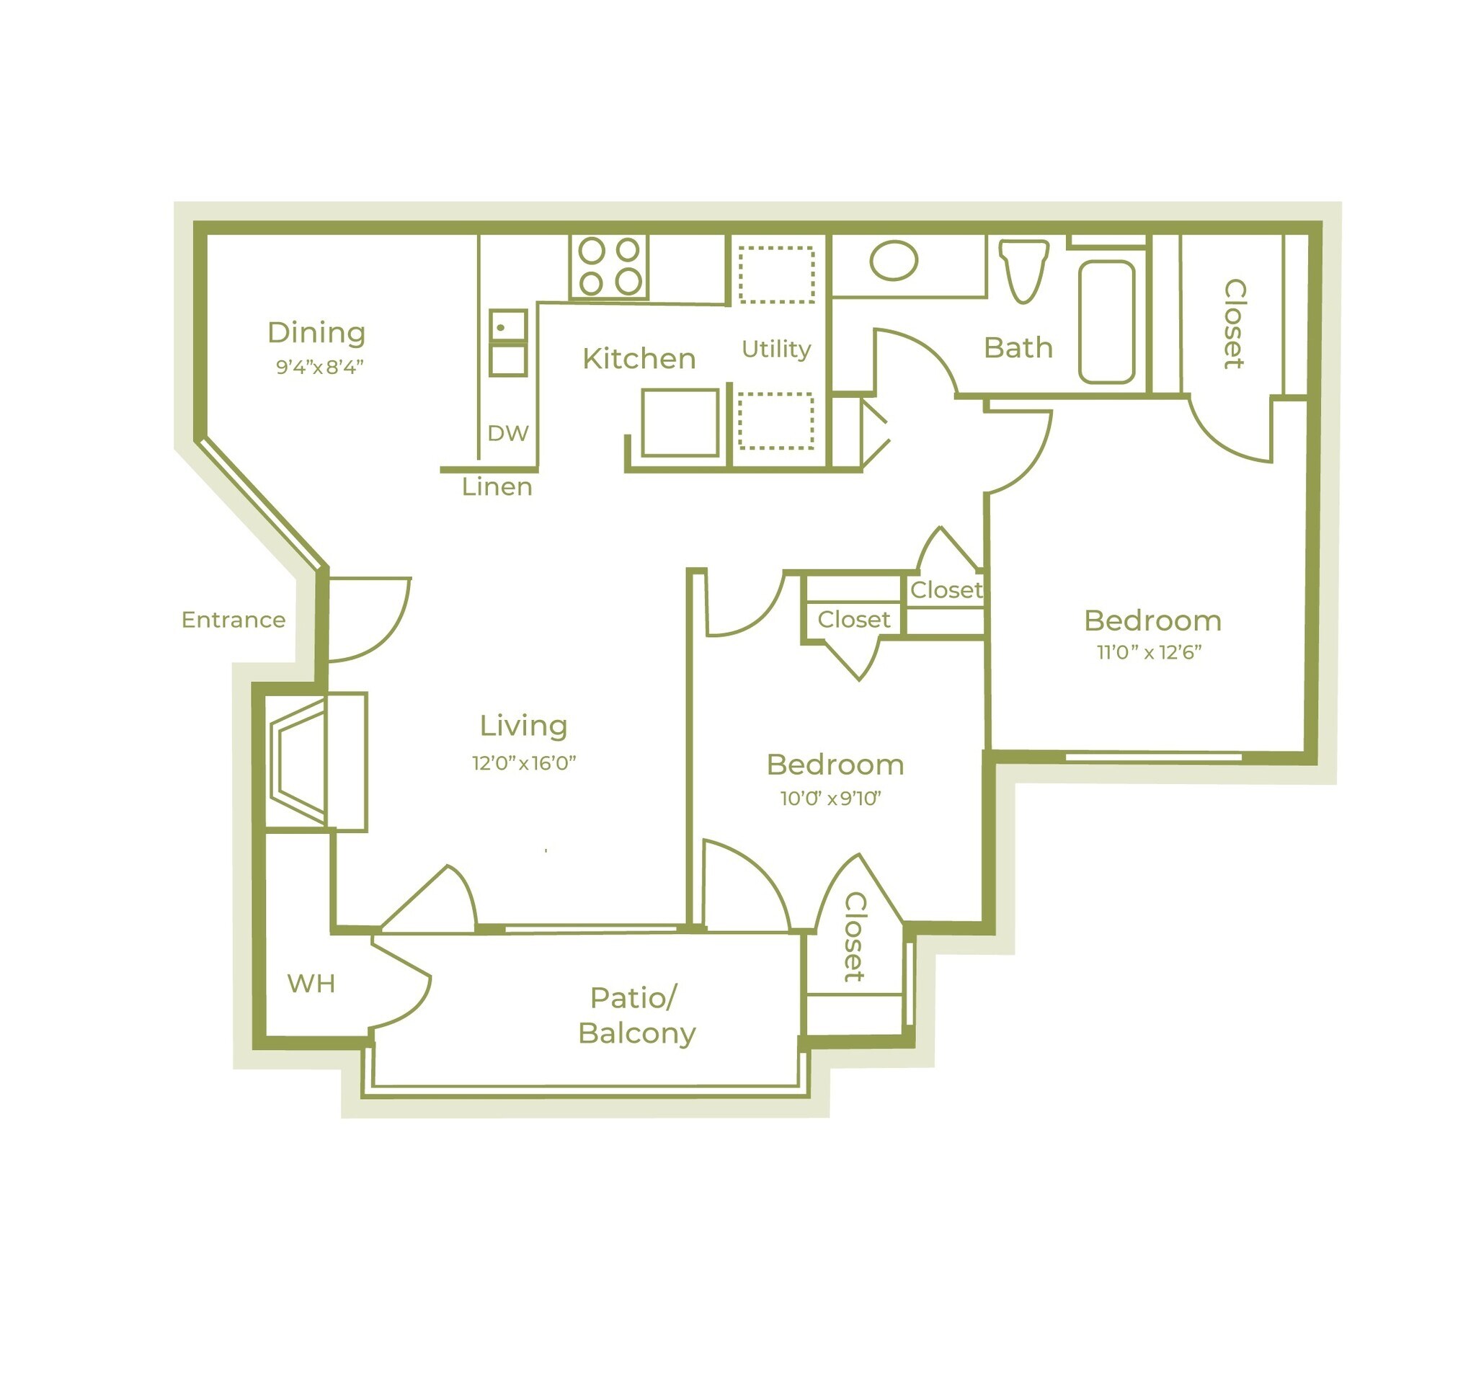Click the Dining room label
(316, 334)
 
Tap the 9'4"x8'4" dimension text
(320, 368)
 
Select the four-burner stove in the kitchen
(610, 267)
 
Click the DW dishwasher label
(508, 434)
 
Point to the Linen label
(497, 488)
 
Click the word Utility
(776, 349)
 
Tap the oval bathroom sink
(893, 261)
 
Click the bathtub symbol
(1106, 321)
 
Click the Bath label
(1018, 348)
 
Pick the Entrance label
(233, 620)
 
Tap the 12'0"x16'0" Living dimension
(524, 763)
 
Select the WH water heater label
(311, 984)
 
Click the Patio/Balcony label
(636, 1015)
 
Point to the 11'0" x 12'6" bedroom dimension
(1150, 653)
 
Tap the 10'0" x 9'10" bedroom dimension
(830, 799)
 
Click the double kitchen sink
(508, 343)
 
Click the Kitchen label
(639, 360)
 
